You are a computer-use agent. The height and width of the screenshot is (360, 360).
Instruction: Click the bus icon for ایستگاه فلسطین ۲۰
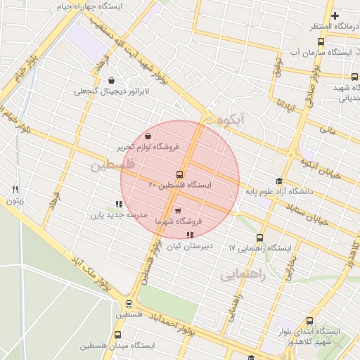[x=179, y=174]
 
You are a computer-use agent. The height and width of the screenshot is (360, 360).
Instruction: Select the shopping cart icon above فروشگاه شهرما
[x=177, y=210]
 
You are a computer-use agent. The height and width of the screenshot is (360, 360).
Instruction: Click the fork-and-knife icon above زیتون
[x=15, y=190]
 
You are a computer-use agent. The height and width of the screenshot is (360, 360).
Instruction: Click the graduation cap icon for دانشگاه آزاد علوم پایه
[x=279, y=181]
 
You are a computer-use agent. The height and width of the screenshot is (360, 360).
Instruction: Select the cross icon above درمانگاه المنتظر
[x=335, y=16]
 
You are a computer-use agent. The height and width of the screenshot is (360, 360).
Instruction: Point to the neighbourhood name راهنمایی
[x=243, y=275]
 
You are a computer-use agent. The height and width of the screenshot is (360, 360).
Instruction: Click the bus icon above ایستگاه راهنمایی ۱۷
[x=260, y=238]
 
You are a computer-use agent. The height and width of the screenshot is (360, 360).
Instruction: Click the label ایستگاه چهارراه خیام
[x=89, y=6]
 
